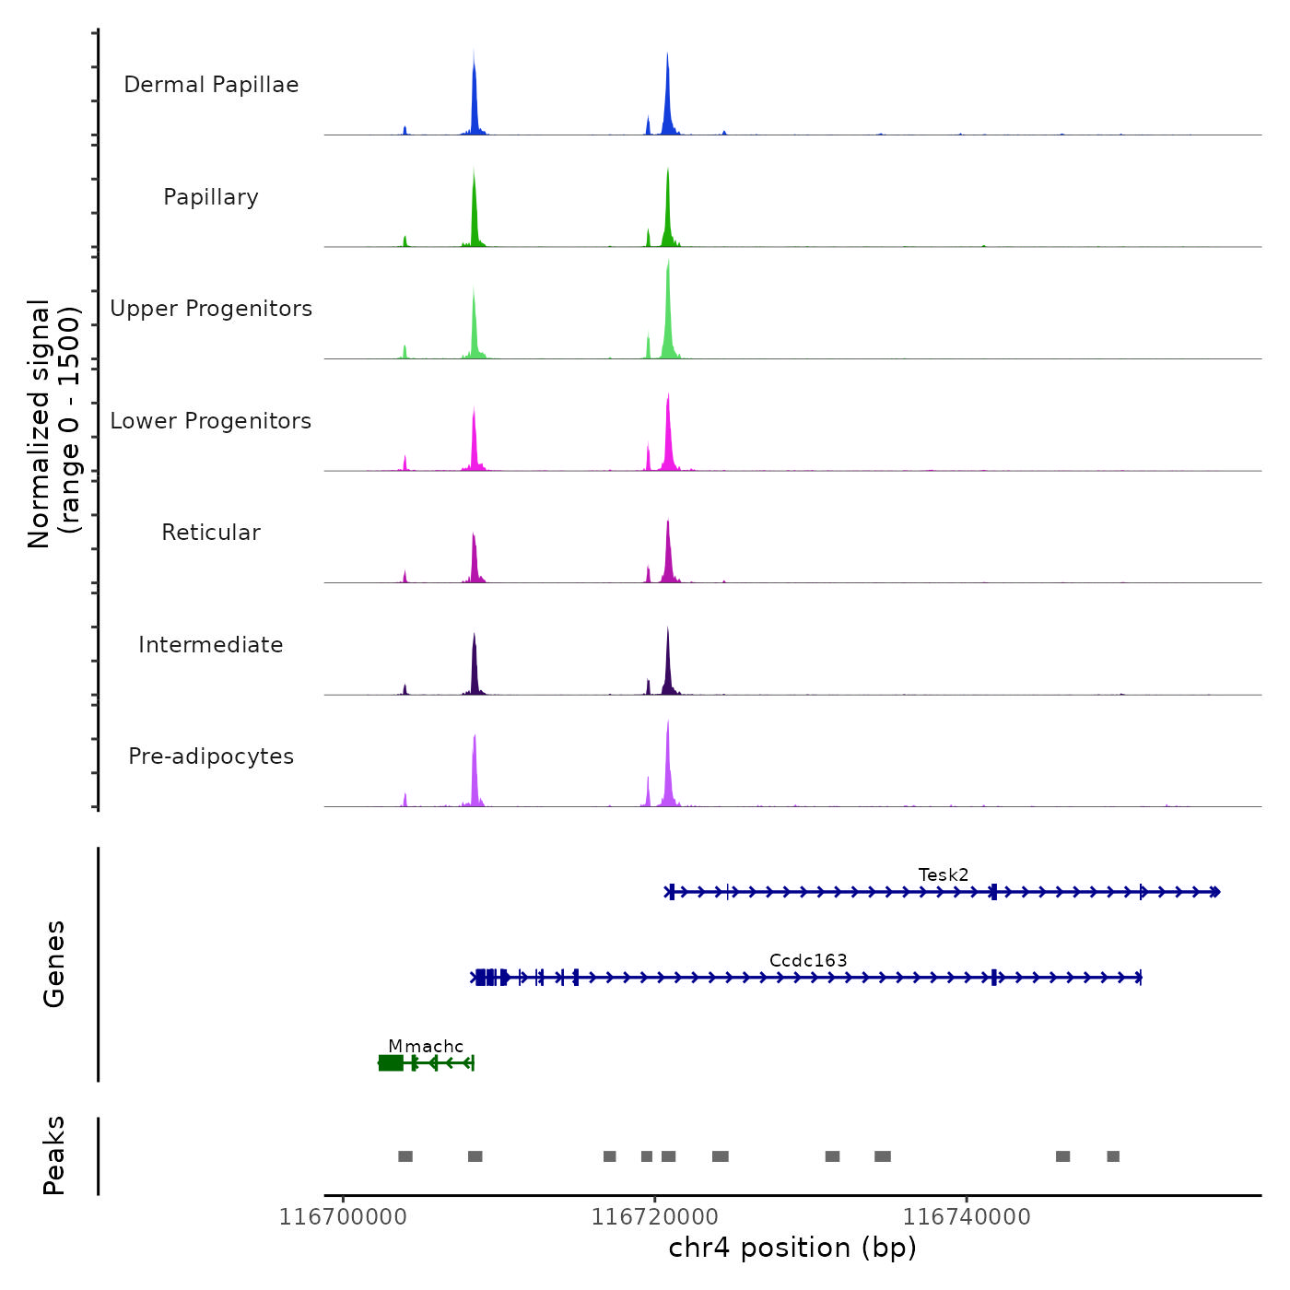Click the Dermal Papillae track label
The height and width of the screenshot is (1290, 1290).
[x=211, y=85]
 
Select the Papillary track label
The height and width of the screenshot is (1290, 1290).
[x=211, y=197]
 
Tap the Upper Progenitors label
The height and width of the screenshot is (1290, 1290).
[x=211, y=309]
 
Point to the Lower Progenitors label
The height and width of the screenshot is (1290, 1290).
[x=211, y=421]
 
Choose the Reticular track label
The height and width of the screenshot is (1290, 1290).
[x=211, y=533]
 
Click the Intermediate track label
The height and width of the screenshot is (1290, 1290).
[x=211, y=645]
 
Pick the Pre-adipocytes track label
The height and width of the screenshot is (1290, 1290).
[x=211, y=756]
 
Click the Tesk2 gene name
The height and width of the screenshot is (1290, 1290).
[x=944, y=875]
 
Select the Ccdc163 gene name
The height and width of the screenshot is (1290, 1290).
[x=808, y=961]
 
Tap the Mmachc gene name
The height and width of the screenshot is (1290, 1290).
[x=426, y=1047]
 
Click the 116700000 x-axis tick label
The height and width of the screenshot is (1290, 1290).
[x=343, y=1217]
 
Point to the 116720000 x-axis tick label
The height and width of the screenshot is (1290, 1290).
[x=654, y=1217]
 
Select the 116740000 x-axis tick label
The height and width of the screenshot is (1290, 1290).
[x=967, y=1217]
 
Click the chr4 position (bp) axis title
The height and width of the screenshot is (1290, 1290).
[x=792, y=1248]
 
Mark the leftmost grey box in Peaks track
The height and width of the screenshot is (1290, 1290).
[x=405, y=1156]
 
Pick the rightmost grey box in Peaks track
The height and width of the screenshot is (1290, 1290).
[x=1113, y=1156]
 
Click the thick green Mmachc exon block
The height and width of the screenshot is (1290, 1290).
[x=391, y=1063]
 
